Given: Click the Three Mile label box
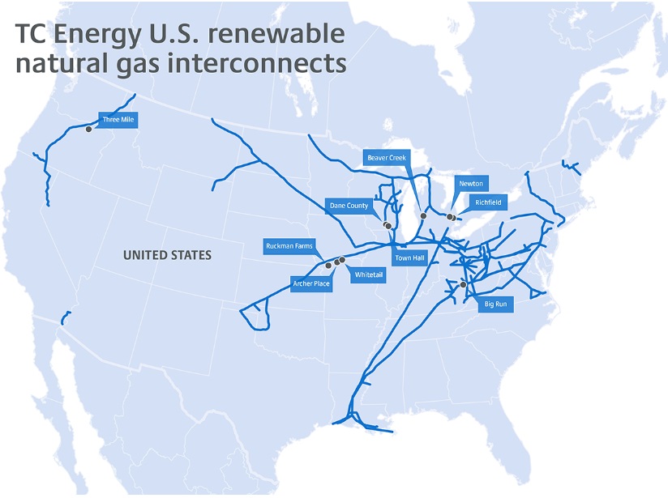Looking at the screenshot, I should click(118, 120).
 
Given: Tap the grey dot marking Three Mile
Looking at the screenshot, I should click(88, 128).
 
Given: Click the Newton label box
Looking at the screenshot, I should click(471, 184).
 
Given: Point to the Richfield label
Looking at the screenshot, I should click(488, 202).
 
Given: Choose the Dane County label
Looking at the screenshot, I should click(349, 206).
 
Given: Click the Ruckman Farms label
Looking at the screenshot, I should click(289, 245).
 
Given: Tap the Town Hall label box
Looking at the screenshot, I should click(409, 258).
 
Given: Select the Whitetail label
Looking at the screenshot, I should click(369, 275).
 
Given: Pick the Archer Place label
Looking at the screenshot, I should click(311, 283).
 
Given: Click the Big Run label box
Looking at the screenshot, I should click(495, 304).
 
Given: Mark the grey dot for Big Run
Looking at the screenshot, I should click(463, 284).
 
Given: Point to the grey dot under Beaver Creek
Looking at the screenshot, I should click(423, 215).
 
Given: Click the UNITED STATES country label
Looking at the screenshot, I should click(167, 255).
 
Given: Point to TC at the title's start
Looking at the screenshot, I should click(32, 35).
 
